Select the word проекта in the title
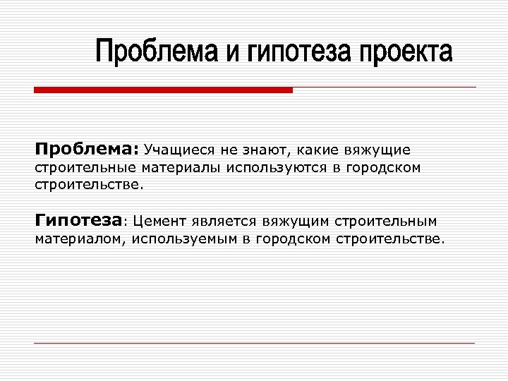coord(406,53)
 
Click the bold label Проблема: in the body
coord(87,150)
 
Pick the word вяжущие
coord(378,150)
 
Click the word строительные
coord(85,168)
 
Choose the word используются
coord(267,168)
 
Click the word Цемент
coord(159,220)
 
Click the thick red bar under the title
coord(163,90)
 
